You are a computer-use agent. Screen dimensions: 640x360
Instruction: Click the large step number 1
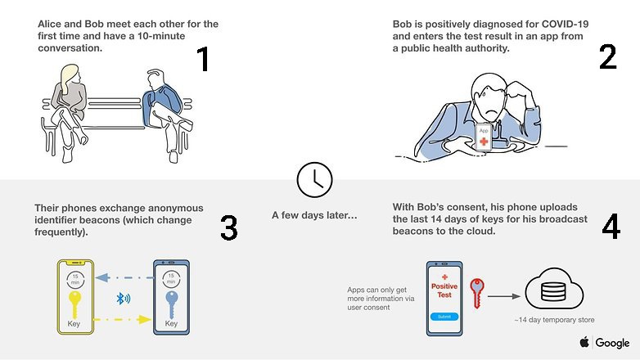[204, 59]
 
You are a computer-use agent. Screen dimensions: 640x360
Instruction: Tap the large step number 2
[607, 56]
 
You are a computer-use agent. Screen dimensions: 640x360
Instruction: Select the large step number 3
[228, 227]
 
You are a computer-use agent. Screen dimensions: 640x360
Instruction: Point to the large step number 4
[611, 226]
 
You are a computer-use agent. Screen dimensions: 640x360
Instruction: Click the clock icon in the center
[314, 180]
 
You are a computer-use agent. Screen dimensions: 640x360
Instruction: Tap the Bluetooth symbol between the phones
[123, 299]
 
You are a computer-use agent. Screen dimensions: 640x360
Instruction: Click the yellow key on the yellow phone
[74, 304]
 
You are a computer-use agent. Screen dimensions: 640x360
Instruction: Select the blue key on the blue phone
[171, 304]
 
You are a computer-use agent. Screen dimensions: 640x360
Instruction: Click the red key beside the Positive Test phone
[477, 293]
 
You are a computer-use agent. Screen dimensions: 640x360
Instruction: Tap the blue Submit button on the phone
[444, 317]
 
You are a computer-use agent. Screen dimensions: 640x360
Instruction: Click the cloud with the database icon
[554, 288]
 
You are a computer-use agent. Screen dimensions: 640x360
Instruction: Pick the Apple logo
[584, 342]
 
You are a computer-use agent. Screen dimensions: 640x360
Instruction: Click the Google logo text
[612, 343]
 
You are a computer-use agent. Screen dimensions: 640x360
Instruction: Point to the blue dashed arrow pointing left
[125, 278]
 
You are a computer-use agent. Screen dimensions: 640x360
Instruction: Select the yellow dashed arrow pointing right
[123, 319]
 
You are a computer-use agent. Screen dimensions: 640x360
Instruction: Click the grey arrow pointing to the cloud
[504, 296]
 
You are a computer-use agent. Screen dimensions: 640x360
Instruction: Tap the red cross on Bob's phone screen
[484, 142]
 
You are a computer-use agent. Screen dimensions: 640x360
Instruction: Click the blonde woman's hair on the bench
[69, 77]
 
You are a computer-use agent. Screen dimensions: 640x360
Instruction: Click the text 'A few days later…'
[314, 215]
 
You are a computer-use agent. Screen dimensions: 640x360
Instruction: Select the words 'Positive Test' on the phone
[444, 290]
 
